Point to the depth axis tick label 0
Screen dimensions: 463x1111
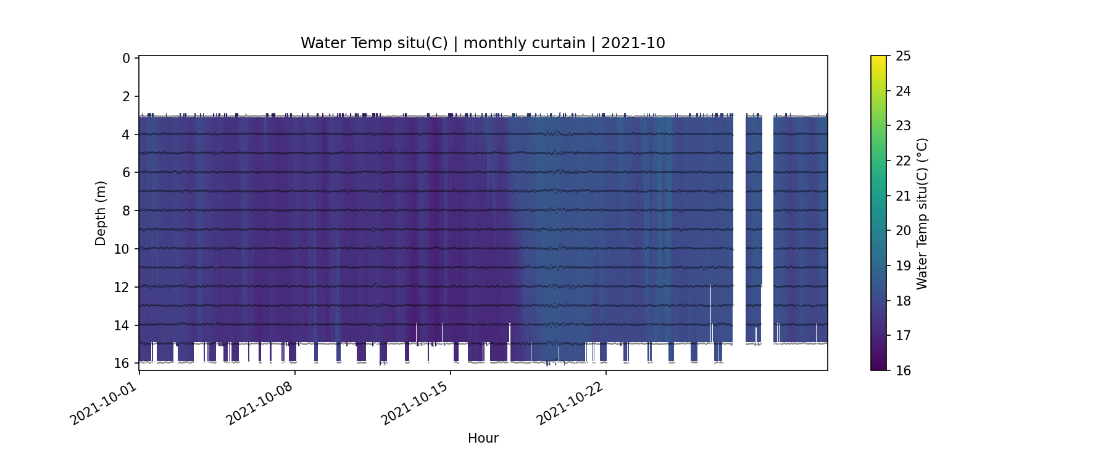pos(126,58)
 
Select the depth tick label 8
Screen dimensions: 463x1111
pos(126,211)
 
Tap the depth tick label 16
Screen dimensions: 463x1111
pos(122,363)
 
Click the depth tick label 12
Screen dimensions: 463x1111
pos(122,287)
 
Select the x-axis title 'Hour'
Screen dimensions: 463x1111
pos(483,438)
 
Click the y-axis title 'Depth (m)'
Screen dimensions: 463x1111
pos(101,213)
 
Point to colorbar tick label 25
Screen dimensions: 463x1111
pos(903,56)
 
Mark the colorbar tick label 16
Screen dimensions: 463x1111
pos(903,370)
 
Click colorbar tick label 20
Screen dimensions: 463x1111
pos(903,231)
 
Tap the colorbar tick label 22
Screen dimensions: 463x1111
pos(903,161)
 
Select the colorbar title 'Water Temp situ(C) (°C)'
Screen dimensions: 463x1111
pos(922,213)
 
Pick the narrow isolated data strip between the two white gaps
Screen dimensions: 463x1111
pos(754,228)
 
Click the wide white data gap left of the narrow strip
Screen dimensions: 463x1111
pos(739,228)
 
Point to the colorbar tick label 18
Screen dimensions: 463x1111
pos(903,301)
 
